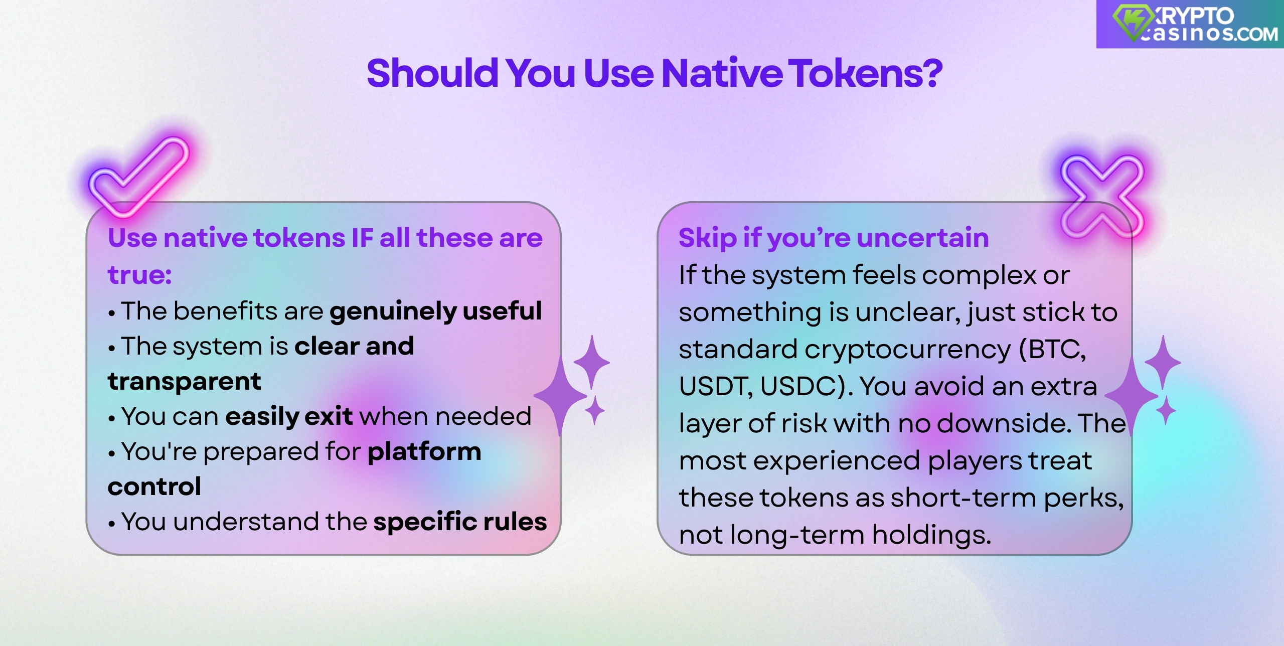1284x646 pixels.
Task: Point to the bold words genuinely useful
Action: tap(435, 311)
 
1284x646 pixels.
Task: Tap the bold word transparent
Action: tap(184, 381)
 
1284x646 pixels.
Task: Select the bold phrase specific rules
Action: tap(460, 522)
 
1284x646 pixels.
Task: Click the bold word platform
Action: tap(424, 451)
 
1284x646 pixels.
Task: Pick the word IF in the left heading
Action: tap(362, 238)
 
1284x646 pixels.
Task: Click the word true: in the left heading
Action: tap(140, 275)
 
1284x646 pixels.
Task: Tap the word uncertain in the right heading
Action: tap(923, 238)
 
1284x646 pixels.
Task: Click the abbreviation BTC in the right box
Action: tap(1055, 349)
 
